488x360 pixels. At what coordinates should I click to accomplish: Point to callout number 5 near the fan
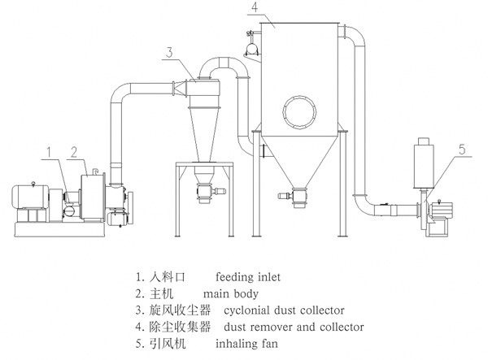pyautogui.click(x=462, y=150)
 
